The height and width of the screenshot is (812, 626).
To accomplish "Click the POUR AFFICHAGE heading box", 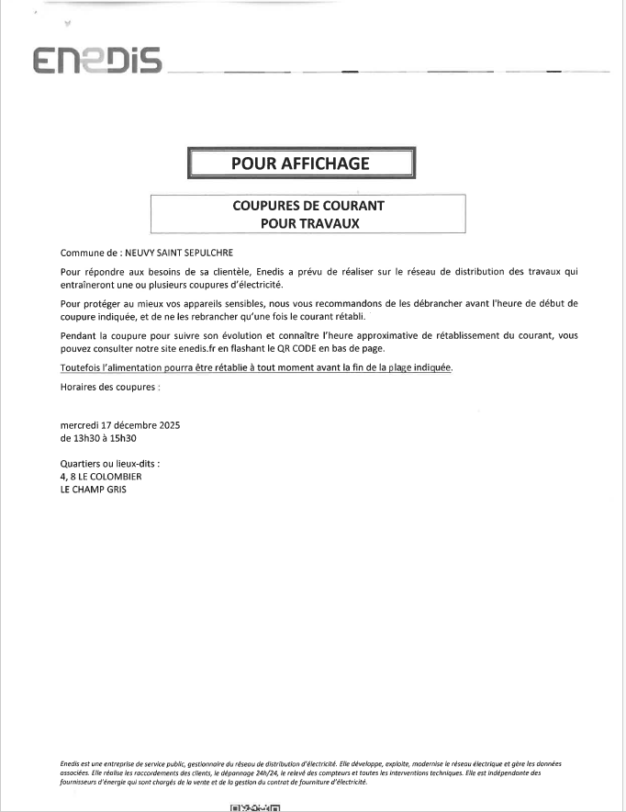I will pyautogui.click(x=301, y=164).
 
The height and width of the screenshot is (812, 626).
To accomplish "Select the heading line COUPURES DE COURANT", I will pyautogui.click(x=308, y=206).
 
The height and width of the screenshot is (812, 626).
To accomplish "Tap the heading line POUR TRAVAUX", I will pyautogui.click(x=308, y=222).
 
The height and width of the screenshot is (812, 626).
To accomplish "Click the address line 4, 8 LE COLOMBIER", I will pyautogui.click(x=101, y=477).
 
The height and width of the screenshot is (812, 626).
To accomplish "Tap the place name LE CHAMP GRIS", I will pyautogui.click(x=94, y=490).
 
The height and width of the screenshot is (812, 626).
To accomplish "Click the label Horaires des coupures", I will pyautogui.click(x=110, y=387).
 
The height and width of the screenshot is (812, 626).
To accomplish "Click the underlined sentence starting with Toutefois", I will pyautogui.click(x=256, y=367).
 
